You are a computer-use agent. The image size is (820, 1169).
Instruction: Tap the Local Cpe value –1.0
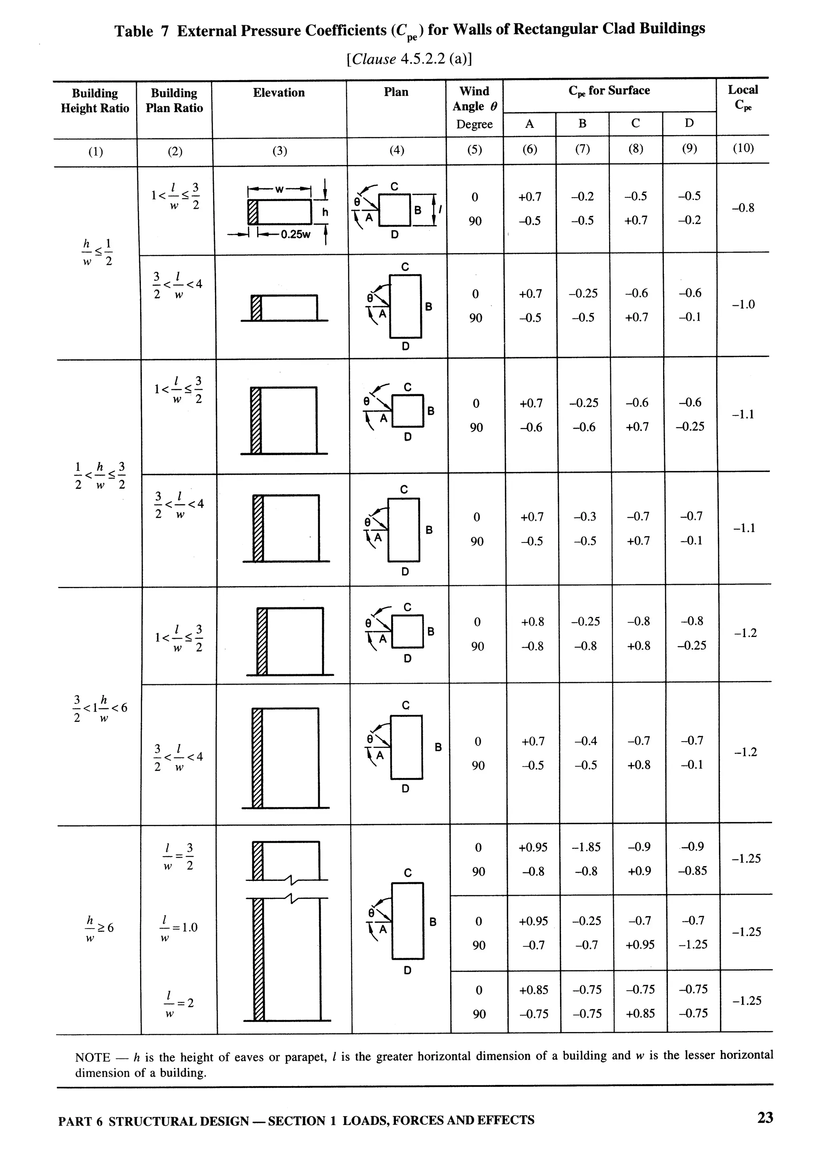coord(743,304)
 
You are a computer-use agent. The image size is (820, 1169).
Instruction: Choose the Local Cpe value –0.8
coord(743,208)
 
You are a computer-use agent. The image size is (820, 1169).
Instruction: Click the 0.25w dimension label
coord(295,234)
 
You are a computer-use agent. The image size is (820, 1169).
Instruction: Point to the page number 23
coord(765,1118)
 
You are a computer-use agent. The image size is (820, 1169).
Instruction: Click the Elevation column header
coord(279,93)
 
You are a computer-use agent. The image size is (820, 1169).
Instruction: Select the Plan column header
coord(396,92)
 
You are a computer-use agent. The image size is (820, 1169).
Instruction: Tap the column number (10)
coord(743,148)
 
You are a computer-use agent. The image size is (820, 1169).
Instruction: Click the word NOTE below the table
coord(92,1057)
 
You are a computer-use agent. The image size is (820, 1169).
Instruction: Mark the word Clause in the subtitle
coord(374,60)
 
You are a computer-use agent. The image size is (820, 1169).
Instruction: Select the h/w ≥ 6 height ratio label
coord(99,928)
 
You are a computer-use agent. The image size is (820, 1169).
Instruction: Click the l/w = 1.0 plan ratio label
coord(179,928)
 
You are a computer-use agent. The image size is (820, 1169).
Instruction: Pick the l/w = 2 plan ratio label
coord(179,1004)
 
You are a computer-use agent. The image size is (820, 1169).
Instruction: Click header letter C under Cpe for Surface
coord(635,123)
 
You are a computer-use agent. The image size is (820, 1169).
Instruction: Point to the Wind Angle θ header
coord(474,99)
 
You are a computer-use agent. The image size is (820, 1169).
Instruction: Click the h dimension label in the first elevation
coord(325,212)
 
